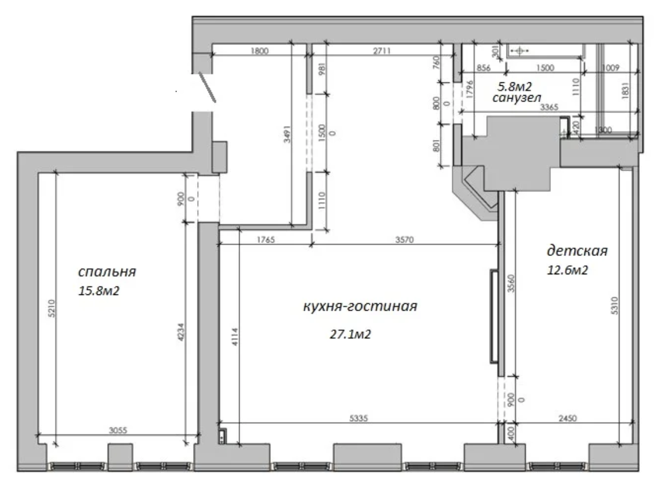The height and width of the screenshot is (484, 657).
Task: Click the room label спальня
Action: click(107, 271)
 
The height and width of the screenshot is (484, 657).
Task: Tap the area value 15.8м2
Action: click(99, 290)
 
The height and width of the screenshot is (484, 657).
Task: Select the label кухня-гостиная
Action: click(360, 307)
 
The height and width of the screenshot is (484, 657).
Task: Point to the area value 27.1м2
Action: click(350, 334)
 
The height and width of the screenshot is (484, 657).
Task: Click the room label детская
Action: click(577, 251)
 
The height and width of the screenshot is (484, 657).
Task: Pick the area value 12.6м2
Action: click(567, 270)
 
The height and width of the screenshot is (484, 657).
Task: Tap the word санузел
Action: click(516, 98)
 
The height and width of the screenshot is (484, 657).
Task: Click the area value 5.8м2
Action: click(514, 87)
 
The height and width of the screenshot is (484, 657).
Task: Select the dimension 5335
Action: click(358, 418)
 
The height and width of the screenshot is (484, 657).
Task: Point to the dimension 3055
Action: click(118, 430)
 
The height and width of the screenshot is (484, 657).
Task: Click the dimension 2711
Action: click(382, 51)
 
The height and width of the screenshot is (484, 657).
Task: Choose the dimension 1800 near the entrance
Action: click(259, 51)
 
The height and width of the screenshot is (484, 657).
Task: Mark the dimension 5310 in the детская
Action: click(615, 305)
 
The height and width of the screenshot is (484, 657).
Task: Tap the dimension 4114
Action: click(235, 336)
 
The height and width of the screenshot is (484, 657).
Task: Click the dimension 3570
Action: click(405, 240)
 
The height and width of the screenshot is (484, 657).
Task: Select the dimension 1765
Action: click(266, 240)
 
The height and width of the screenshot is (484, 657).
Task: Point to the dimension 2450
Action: click(568, 418)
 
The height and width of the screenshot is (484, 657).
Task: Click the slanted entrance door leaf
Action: click(207, 87)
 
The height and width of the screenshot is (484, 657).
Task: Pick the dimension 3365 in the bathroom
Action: click(549, 107)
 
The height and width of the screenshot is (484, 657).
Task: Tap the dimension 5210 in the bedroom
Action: click(51, 308)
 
